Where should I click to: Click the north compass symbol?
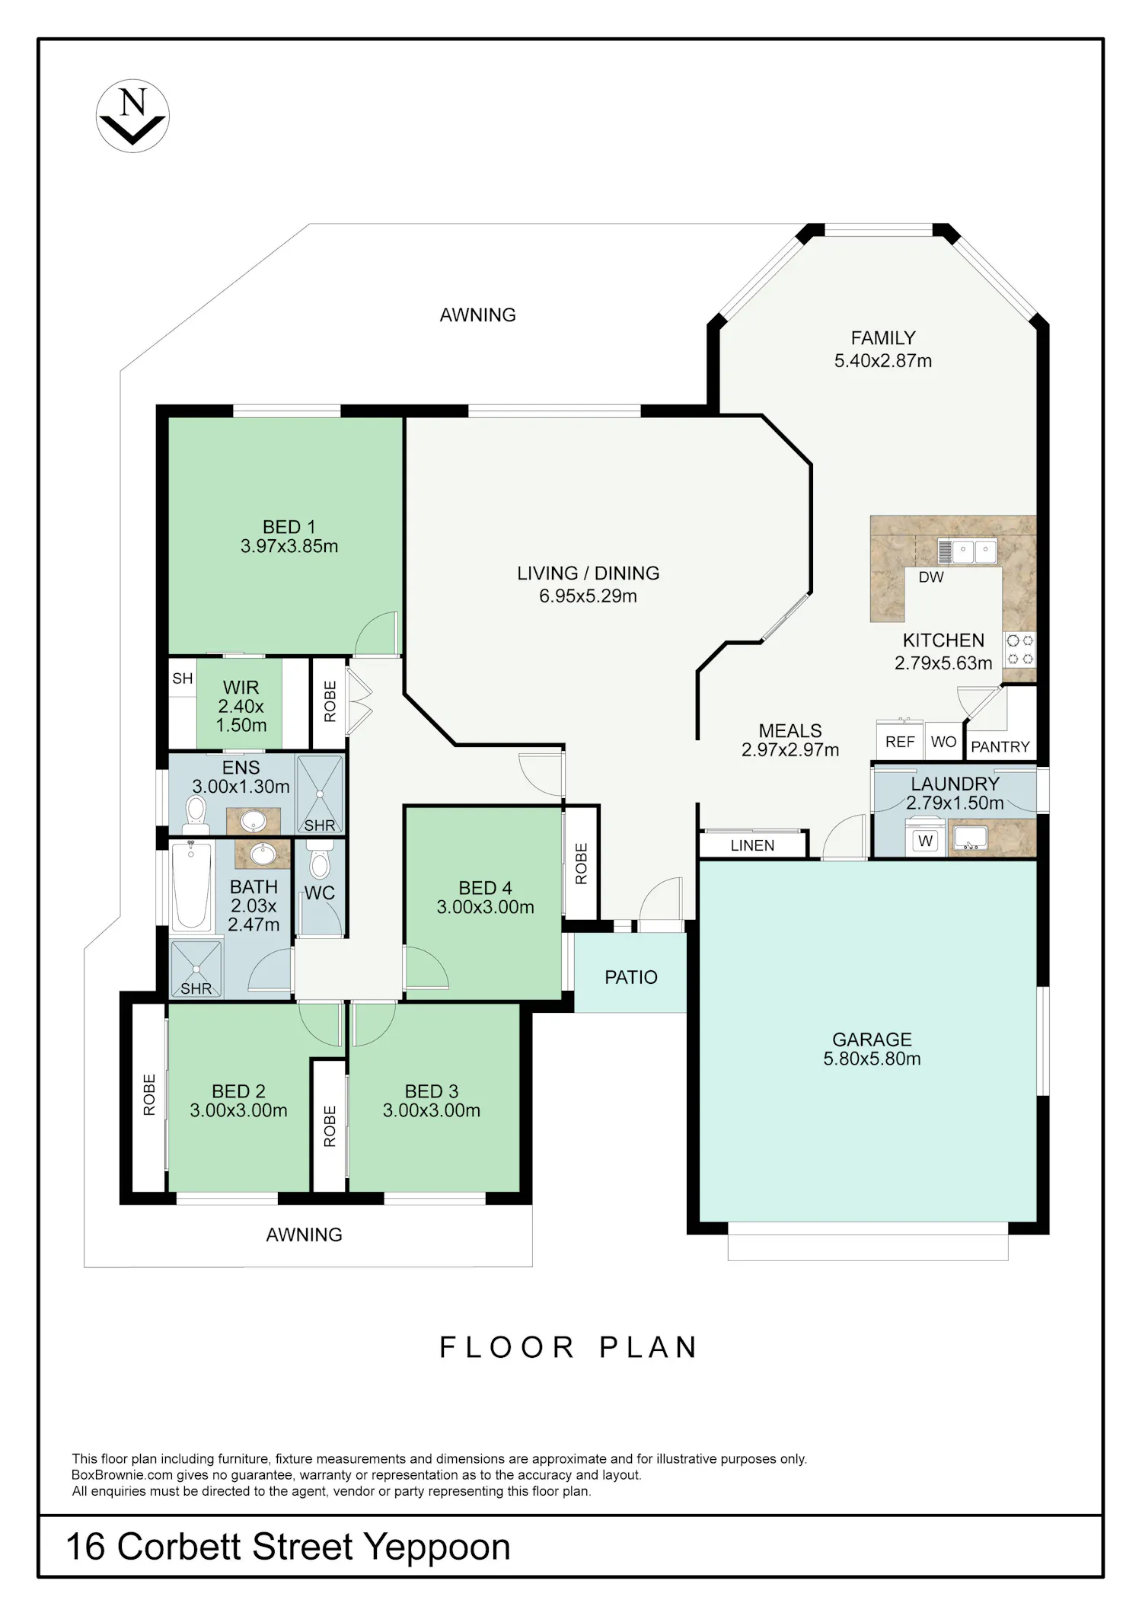click(x=132, y=117)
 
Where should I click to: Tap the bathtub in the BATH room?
click(x=191, y=886)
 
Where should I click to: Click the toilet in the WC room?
click(x=318, y=858)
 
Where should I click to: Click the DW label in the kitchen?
click(x=930, y=577)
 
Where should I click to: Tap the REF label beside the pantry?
click(x=900, y=742)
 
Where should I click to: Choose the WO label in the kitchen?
click(x=943, y=742)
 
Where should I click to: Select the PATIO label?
click(x=630, y=977)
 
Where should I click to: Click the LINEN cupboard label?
click(x=752, y=845)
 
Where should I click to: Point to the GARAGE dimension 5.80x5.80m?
click(x=872, y=1059)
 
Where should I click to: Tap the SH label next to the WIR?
click(x=183, y=679)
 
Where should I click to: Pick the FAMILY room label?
click(x=883, y=337)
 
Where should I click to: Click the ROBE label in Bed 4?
click(x=581, y=864)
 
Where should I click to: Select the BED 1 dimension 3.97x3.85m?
click(x=289, y=546)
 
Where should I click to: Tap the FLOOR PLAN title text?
click(x=569, y=1347)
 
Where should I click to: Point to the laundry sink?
click(x=969, y=838)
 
